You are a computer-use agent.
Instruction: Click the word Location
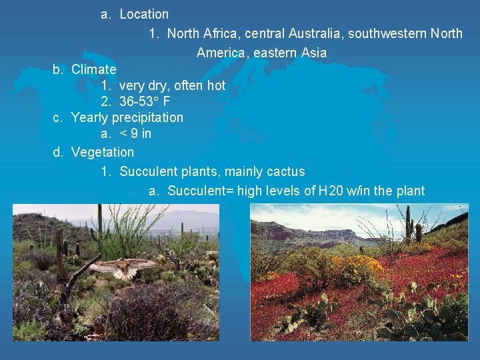coord(144,14)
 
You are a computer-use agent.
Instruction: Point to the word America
coord(221,52)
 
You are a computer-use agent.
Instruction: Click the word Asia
coord(314,52)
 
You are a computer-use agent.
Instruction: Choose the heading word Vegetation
coord(102,153)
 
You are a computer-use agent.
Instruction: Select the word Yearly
coord(89,118)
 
